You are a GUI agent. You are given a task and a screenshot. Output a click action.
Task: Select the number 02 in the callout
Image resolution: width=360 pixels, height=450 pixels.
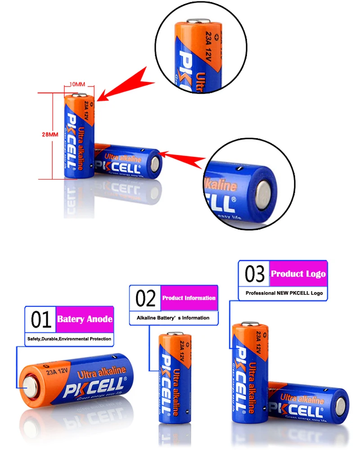point(145,298)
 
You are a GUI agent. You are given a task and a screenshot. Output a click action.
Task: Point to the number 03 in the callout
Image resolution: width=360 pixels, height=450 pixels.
point(254,274)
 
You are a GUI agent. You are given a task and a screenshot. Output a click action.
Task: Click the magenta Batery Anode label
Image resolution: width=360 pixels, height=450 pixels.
point(85,319)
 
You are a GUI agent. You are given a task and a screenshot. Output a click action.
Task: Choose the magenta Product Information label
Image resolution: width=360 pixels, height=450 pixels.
point(189,298)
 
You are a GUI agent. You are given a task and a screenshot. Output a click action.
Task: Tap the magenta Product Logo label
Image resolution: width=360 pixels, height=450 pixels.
point(298,274)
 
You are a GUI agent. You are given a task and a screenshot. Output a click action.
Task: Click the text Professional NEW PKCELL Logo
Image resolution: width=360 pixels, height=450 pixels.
point(284,293)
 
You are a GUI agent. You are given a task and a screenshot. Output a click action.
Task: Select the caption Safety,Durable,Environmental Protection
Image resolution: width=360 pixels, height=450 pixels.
point(69,339)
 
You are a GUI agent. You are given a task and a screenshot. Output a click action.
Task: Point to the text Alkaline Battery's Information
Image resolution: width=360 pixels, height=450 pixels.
point(173,318)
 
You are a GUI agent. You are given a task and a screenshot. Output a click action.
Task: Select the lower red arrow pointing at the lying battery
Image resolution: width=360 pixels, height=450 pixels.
point(184,157)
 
